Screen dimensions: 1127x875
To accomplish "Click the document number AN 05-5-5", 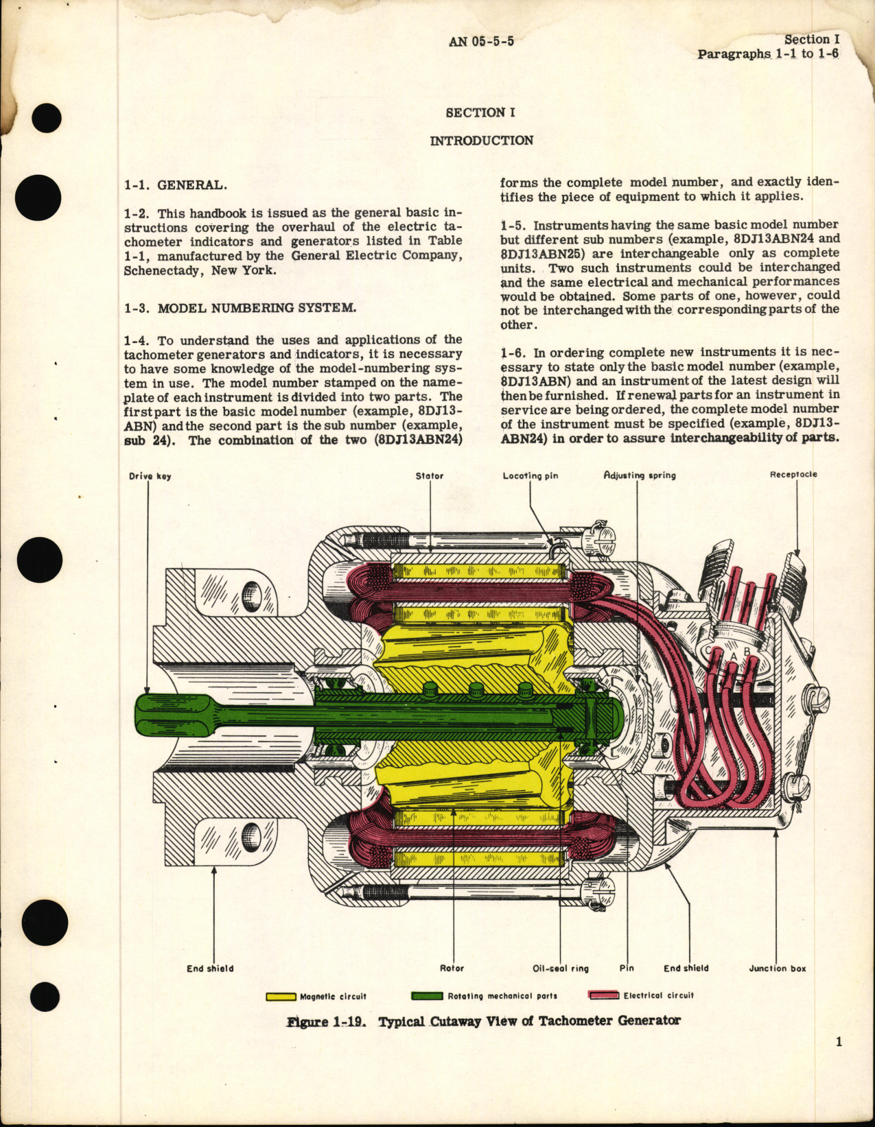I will point(481,41).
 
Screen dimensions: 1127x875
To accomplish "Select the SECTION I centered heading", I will point(480,112).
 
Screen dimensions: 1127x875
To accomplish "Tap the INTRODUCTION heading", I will point(481,141).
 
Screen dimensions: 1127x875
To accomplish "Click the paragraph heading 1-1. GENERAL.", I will point(176,185).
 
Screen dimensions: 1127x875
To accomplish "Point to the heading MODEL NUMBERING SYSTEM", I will point(257,307).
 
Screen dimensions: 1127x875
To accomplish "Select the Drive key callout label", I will point(150,476).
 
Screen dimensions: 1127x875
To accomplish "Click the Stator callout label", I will point(429,475).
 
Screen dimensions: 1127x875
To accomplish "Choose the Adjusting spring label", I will point(640,475).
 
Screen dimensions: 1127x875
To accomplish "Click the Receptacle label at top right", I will point(793,474).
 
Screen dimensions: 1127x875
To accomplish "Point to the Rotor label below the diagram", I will point(452,969).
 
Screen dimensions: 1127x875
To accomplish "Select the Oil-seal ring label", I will point(561,969).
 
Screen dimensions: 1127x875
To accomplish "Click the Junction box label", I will point(778,969).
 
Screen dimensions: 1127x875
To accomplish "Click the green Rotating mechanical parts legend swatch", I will point(426,996).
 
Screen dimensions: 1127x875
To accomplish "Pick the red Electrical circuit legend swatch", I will point(604,995).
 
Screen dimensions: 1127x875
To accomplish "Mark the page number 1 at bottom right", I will point(839,1042).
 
